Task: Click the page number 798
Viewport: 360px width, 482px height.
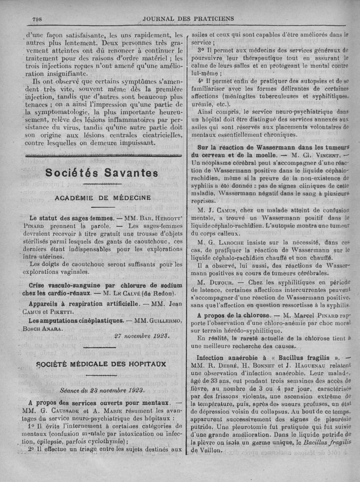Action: point(37,19)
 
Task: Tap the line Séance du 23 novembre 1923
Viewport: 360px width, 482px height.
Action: point(102,390)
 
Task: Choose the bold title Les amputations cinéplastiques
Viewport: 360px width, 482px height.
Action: point(76,321)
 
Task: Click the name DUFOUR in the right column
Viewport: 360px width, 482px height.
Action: point(221,282)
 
